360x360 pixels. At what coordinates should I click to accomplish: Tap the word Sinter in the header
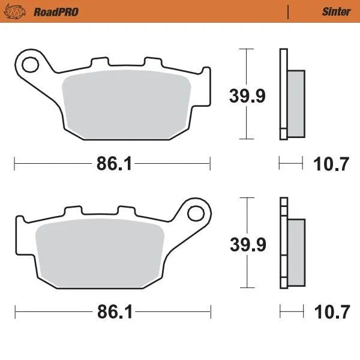tap(336, 11)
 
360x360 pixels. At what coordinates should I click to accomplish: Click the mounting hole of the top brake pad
tap(29, 61)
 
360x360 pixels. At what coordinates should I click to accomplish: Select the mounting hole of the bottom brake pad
tap(195, 212)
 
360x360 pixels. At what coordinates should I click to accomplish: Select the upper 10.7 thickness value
tap(332, 164)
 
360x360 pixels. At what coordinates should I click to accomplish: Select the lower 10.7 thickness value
tap(332, 312)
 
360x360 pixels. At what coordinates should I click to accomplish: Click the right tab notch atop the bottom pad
tap(126, 211)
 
